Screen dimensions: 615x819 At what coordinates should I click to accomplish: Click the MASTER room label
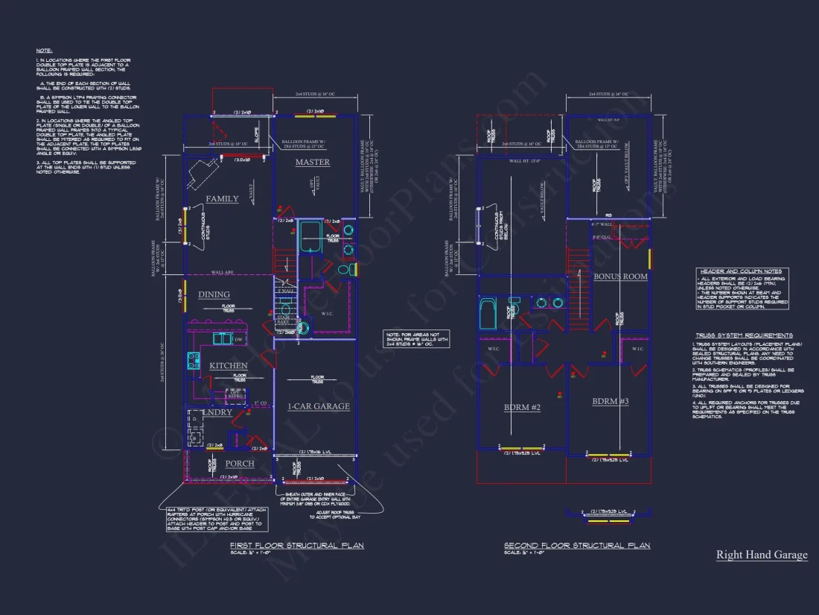(x=312, y=163)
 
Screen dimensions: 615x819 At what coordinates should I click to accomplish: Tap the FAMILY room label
(x=223, y=199)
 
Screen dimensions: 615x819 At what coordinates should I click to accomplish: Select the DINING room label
(x=214, y=294)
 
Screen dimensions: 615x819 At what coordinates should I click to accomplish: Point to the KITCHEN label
(x=228, y=366)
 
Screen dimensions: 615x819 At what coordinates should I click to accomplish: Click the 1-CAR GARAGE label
(x=319, y=407)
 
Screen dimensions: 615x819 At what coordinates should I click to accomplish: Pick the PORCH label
(x=240, y=464)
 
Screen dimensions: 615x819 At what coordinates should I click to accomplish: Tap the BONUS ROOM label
(x=620, y=277)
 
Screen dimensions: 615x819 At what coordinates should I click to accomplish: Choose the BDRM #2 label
(x=522, y=408)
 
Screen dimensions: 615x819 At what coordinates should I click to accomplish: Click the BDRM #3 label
(x=611, y=402)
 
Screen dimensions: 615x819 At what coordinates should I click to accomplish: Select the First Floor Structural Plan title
(x=296, y=546)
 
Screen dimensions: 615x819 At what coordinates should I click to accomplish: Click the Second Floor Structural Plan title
(x=576, y=546)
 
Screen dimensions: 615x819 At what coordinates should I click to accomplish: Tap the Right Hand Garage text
(x=761, y=555)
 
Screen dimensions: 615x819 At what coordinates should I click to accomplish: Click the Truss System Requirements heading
(x=744, y=335)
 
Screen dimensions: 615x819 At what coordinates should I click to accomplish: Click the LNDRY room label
(x=218, y=412)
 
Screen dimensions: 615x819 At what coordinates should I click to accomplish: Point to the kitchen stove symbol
(x=194, y=361)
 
